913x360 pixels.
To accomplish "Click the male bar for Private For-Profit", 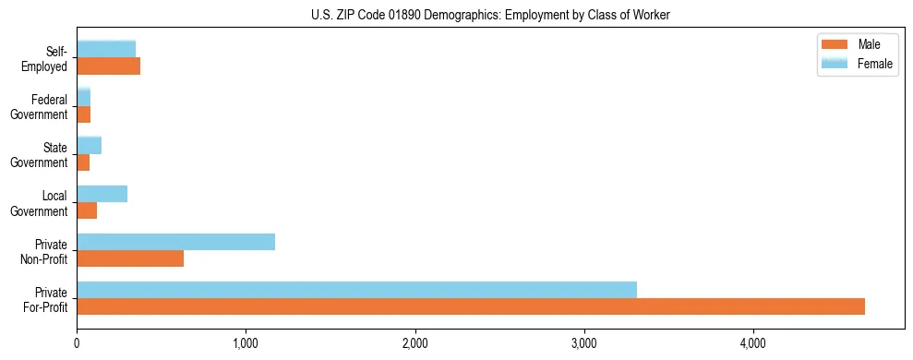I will (x=471, y=306).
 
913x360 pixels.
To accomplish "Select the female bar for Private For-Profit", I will (x=356, y=290).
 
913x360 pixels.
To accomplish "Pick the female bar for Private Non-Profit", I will (x=175, y=242).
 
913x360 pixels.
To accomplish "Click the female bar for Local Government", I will (x=102, y=194).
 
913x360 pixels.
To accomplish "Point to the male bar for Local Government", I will (x=87, y=210).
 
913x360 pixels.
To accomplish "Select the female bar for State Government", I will (x=89, y=146).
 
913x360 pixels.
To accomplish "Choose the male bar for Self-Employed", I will (x=108, y=66).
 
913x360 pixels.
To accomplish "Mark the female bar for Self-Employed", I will (x=106, y=49).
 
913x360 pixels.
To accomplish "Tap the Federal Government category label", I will (x=41, y=106).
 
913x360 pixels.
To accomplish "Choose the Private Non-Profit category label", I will (x=46, y=251).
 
